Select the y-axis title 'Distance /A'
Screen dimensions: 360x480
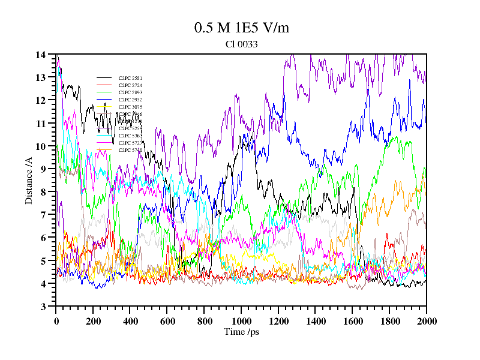point(29,180)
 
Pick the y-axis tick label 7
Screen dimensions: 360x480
point(43,215)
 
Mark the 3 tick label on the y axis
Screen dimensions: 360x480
point(43,307)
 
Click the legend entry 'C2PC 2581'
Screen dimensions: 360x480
point(130,78)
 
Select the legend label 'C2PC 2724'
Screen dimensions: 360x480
point(130,85)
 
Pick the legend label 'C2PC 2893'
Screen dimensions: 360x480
point(130,92)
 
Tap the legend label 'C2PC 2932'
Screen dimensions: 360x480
point(130,100)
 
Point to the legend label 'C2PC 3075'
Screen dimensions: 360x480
point(130,107)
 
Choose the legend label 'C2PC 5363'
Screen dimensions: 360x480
point(130,136)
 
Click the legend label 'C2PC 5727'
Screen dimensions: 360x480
point(130,143)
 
